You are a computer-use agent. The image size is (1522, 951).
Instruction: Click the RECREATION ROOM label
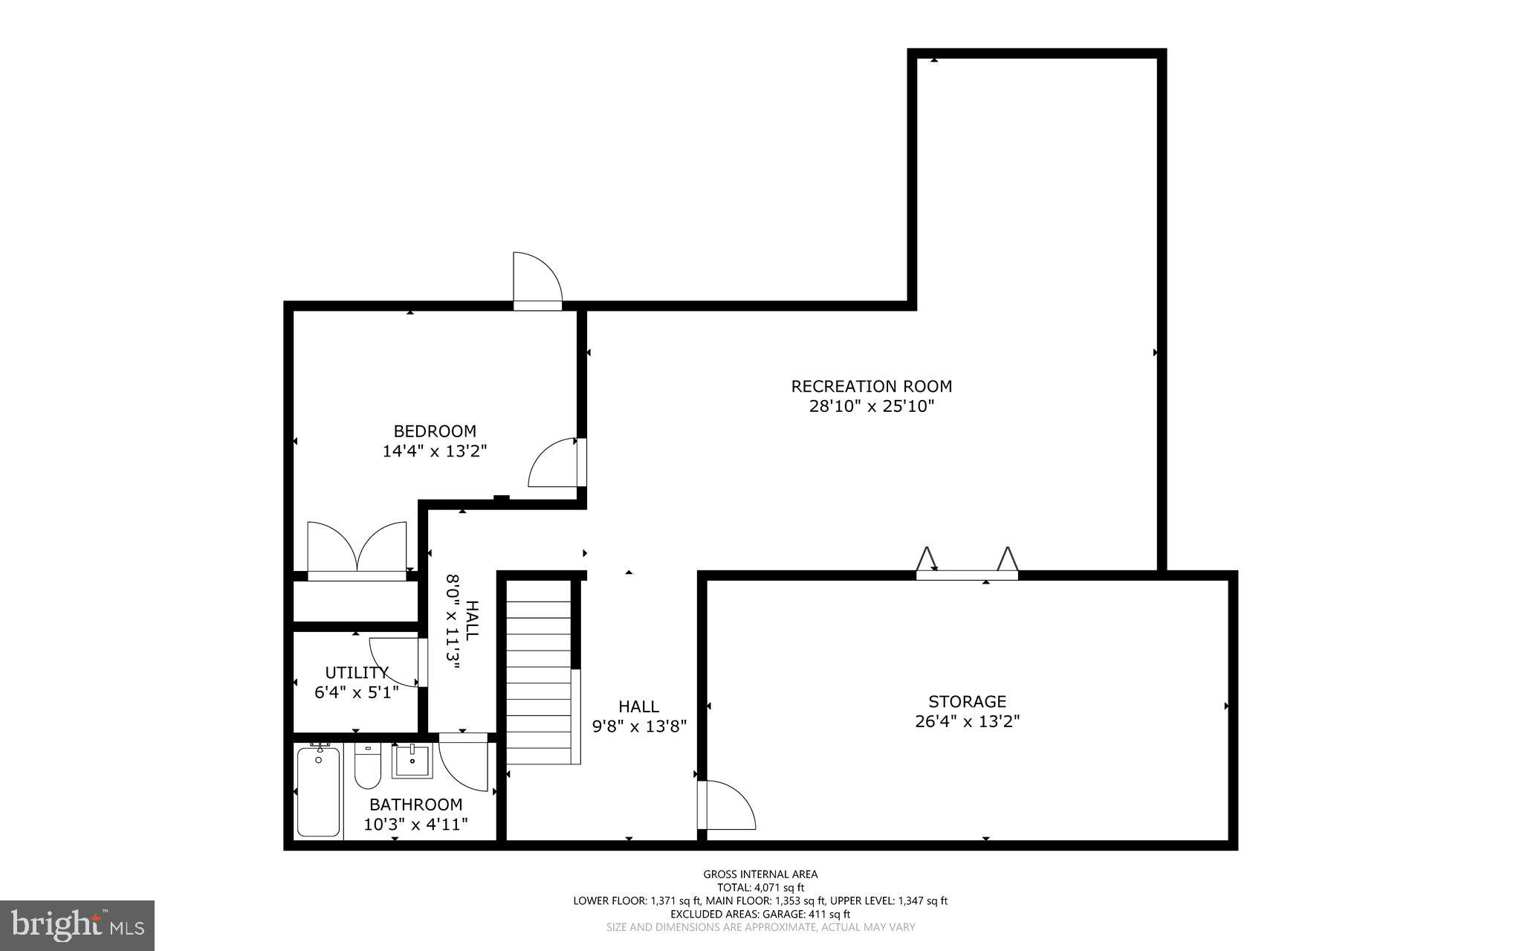click(x=871, y=387)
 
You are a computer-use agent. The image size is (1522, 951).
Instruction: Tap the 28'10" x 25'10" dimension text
click(x=871, y=407)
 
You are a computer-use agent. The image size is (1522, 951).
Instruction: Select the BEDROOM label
click(x=435, y=431)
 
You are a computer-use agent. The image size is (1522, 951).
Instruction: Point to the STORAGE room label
click(x=967, y=701)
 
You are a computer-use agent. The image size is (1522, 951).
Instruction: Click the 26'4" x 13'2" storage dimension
click(x=967, y=721)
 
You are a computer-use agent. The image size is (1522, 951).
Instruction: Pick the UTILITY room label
click(x=357, y=673)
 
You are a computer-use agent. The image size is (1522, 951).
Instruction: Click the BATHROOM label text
click(x=415, y=805)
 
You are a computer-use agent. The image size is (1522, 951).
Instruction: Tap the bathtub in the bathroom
click(x=318, y=791)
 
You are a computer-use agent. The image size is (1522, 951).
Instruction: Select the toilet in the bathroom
click(x=367, y=766)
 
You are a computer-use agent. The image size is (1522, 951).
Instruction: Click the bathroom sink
click(x=412, y=761)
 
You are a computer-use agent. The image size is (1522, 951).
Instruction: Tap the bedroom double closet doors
click(x=357, y=549)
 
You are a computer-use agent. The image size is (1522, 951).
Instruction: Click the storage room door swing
click(x=728, y=805)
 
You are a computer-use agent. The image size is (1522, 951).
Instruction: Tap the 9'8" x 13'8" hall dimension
click(x=639, y=726)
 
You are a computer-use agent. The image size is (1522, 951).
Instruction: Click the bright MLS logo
click(x=77, y=925)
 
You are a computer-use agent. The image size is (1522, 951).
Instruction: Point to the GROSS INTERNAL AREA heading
click(x=760, y=874)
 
